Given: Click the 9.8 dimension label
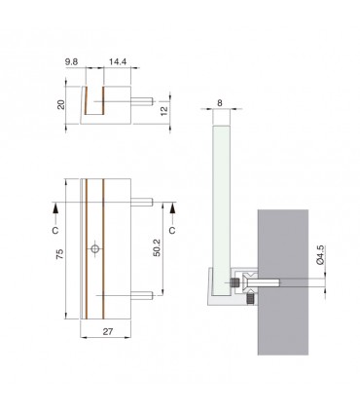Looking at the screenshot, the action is [x=71, y=62].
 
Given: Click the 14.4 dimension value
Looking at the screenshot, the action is [x=118, y=62].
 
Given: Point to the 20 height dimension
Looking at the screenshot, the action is [x=61, y=104].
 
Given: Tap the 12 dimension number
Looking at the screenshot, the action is [x=164, y=110].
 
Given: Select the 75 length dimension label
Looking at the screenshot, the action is [x=60, y=253].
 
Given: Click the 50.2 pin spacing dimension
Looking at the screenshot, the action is [x=157, y=247].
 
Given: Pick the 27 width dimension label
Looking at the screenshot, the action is [x=108, y=331].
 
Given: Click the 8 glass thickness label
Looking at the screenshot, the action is [x=220, y=103].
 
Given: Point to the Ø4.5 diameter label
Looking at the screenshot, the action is [x=320, y=255].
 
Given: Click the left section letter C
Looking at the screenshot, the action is [x=55, y=230].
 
